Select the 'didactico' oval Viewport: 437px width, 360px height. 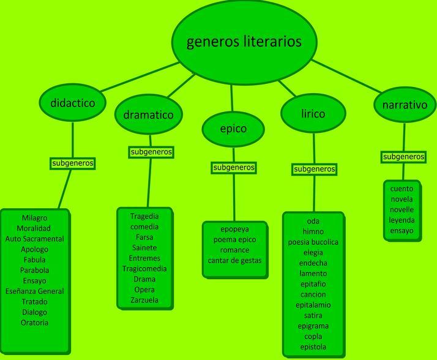73,103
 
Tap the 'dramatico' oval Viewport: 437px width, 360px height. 148,114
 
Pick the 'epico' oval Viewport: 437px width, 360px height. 233,129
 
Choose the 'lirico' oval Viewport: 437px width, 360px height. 313,114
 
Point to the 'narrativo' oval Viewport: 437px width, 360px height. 404,105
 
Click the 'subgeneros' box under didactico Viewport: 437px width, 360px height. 73,163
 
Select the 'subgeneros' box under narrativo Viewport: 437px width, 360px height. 403,157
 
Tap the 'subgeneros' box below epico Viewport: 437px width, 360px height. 234,167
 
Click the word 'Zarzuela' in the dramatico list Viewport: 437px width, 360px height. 144,300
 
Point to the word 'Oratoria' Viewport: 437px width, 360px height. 34,323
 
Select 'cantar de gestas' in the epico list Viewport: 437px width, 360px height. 234,260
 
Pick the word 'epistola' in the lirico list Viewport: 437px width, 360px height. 313,347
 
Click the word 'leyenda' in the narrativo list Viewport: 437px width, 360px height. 402,220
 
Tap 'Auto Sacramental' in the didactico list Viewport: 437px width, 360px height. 34,239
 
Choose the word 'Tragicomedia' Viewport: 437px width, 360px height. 144,268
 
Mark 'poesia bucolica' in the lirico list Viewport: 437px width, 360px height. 313,242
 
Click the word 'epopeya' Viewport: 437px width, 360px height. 234,229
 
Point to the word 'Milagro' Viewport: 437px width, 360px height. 34,218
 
